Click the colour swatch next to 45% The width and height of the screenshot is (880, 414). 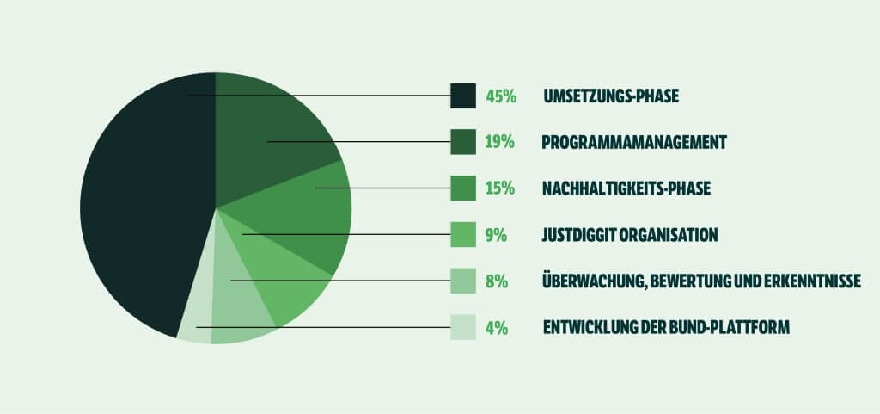point(463,96)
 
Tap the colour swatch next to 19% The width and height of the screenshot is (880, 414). point(463,142)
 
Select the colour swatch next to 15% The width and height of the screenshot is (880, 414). point(463,188)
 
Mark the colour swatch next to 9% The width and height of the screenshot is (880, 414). point(463,235)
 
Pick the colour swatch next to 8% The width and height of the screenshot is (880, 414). point(463,281)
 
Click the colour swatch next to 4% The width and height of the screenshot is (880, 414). point(463,327)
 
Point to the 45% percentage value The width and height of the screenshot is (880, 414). point(501,96)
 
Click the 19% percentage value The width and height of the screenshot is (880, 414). point(499,142)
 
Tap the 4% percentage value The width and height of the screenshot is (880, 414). point(497,327)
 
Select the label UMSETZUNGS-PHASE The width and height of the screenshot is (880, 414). point(611,96)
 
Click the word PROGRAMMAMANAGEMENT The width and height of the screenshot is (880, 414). point(635,142)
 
